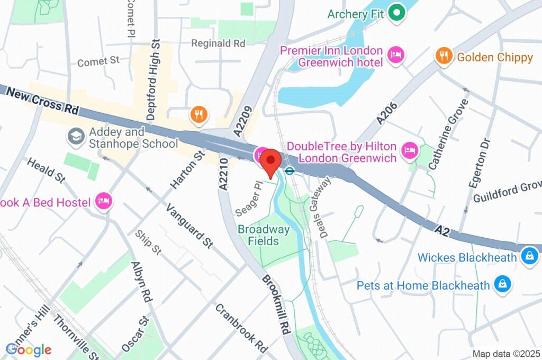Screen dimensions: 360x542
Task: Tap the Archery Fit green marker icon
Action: (x=395, y=13)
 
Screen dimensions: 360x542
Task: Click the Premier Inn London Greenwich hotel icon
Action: (x=395, y=55)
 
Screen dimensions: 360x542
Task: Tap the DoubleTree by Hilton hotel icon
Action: (x=409, y=151)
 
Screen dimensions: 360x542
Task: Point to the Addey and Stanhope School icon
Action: (x=76, y=137)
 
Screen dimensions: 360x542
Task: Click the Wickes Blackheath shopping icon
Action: (x=528, y=257)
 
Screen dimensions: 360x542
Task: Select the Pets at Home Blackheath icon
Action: (x=501, y=285)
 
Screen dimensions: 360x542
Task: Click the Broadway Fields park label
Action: (x=264, y=235)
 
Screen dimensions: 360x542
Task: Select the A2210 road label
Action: (x=224, y=175)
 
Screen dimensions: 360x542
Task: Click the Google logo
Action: (x=28, y=349)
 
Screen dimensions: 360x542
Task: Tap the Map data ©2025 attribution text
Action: (x=505, y=354)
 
